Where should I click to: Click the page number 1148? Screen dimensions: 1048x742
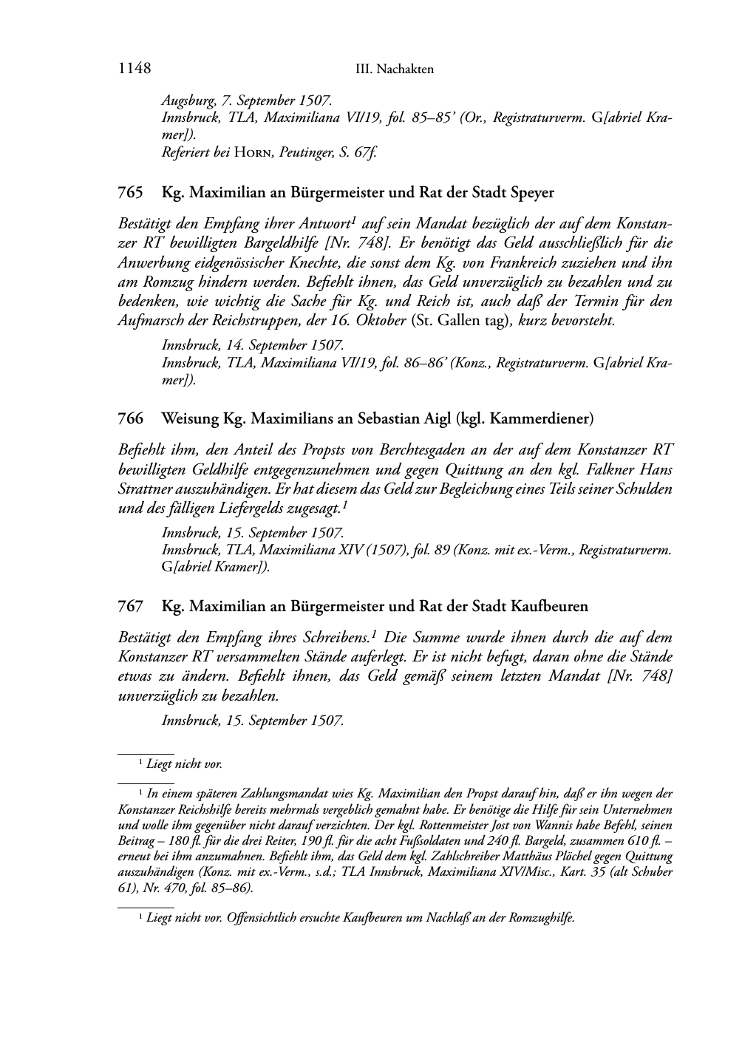coord(134,69)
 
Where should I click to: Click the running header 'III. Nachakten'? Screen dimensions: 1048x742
coord(394,69)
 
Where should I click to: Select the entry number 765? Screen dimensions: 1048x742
coord(130,193)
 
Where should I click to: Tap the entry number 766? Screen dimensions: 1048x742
coord(130,418)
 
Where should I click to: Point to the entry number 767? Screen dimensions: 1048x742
coord(130,606)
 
